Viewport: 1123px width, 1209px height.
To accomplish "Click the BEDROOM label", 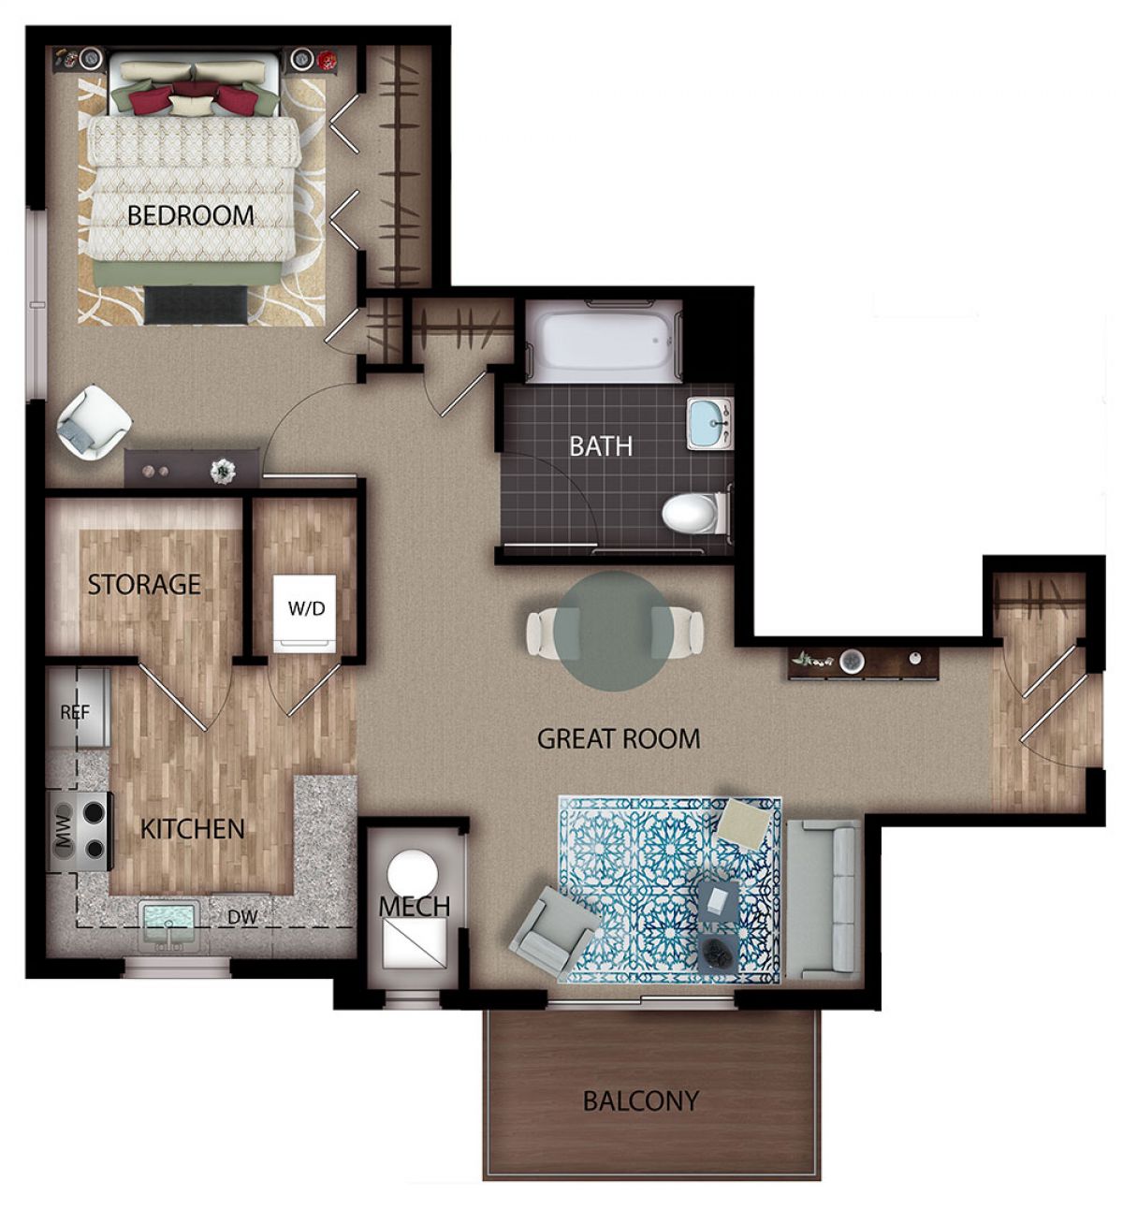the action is (191, 215).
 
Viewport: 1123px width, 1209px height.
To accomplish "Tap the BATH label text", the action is (601, 446).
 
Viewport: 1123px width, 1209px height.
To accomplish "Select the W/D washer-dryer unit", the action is (304, 613).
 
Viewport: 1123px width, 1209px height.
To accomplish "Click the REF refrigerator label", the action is (75, 711).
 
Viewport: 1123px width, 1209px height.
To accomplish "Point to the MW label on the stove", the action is (64, 826).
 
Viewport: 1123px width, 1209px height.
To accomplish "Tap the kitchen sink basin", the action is (168, 925).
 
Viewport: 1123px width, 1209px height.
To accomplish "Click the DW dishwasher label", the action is (242, 916).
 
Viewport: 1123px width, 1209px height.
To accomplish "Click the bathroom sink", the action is (710, 424).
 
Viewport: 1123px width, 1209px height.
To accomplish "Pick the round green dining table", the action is (615, 631).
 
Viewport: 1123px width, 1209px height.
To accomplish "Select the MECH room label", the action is (415, 907).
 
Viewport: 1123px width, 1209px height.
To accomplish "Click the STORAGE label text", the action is (144, 585).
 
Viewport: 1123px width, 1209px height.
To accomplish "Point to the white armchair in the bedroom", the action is (94, 421).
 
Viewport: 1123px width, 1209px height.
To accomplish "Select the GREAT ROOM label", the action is (619, 739).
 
